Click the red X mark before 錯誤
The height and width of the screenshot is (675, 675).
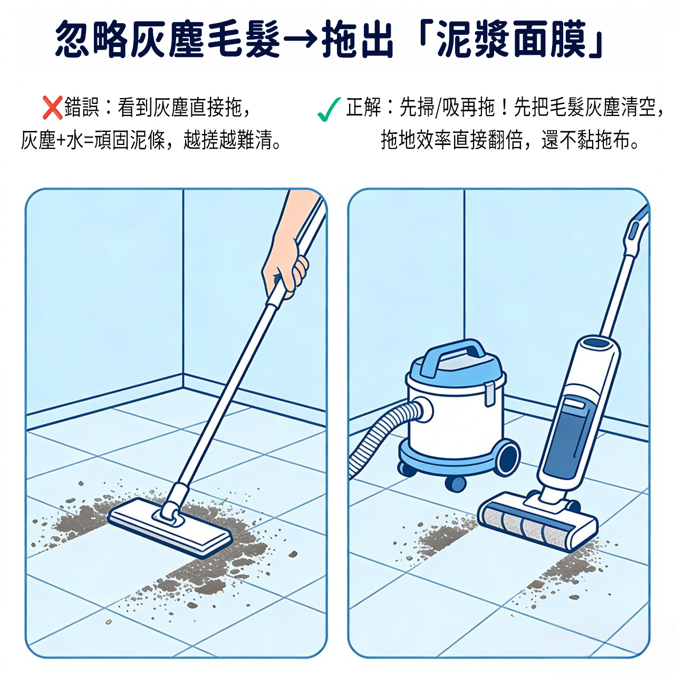coord(52,108)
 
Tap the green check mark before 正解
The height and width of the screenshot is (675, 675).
coord(329,109)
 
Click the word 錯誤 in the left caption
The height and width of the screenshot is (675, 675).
coord(82,107)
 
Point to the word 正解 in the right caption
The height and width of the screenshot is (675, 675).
coord(364,107)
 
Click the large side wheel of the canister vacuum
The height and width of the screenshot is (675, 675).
coord(507,457)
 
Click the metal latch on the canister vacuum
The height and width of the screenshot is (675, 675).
coord(489,394)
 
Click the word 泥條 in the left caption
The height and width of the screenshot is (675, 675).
coord(148,140)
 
